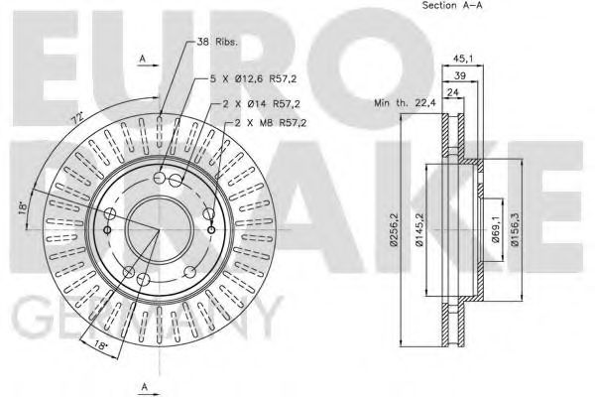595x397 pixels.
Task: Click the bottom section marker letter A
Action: (145, 385)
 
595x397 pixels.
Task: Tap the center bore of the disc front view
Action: (159, 227)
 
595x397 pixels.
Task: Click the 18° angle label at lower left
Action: (102, 346)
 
